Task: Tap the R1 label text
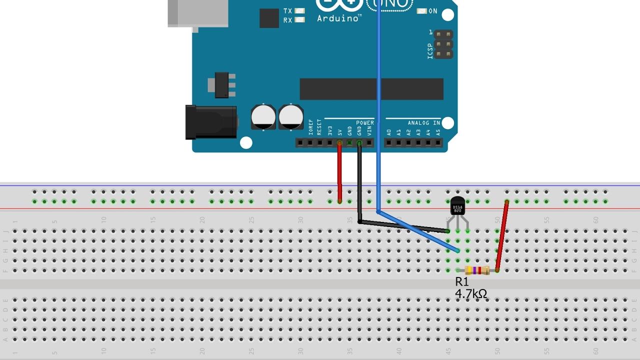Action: click(462, 282)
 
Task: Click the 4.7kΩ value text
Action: click(470, 294)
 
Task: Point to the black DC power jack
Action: click(210, 122)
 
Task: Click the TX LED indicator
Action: click(300, 11)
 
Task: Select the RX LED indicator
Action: click(300, 20)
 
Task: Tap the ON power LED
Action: click(421, 11)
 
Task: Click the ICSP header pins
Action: click(443, 44)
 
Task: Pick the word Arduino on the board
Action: click(338, 18)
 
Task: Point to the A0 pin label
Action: click(389, 132)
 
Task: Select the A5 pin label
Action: click(438, 132)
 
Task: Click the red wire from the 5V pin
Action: click(340, 172)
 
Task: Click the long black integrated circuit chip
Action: click(371, 89)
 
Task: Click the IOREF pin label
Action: click(310, 128)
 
